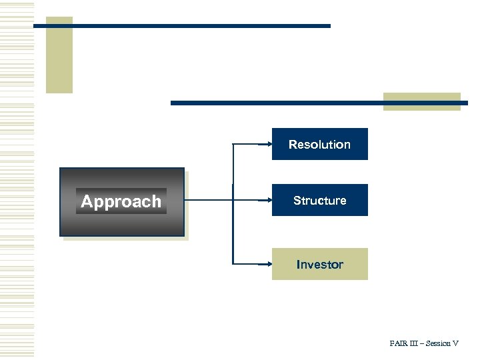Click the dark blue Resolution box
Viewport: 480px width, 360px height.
click(319, 144)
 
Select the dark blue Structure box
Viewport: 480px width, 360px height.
click(319, 200)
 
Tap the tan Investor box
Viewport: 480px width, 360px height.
click(319, 264)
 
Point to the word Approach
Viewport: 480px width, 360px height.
click(121, 201)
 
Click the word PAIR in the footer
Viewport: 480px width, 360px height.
click(399, 343)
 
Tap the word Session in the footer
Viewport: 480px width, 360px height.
click(438, 343)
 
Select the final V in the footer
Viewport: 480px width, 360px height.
click(455, 343)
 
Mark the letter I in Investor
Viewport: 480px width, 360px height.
click(298, 265)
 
